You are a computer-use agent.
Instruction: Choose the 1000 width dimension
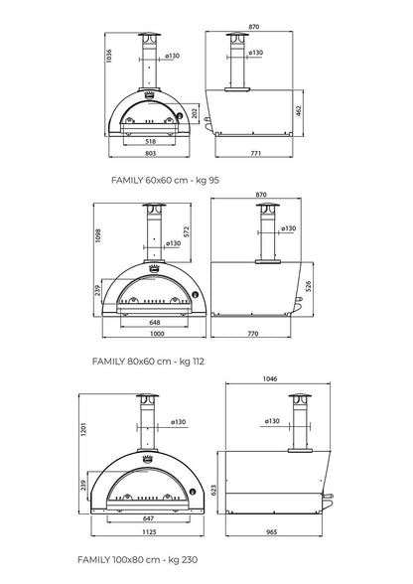(x=149, y=335)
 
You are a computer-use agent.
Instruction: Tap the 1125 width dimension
(x=149, y=532)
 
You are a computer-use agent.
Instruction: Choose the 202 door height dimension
(x=196, y=113)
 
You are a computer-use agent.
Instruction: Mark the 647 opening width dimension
(x=149, y=519)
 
